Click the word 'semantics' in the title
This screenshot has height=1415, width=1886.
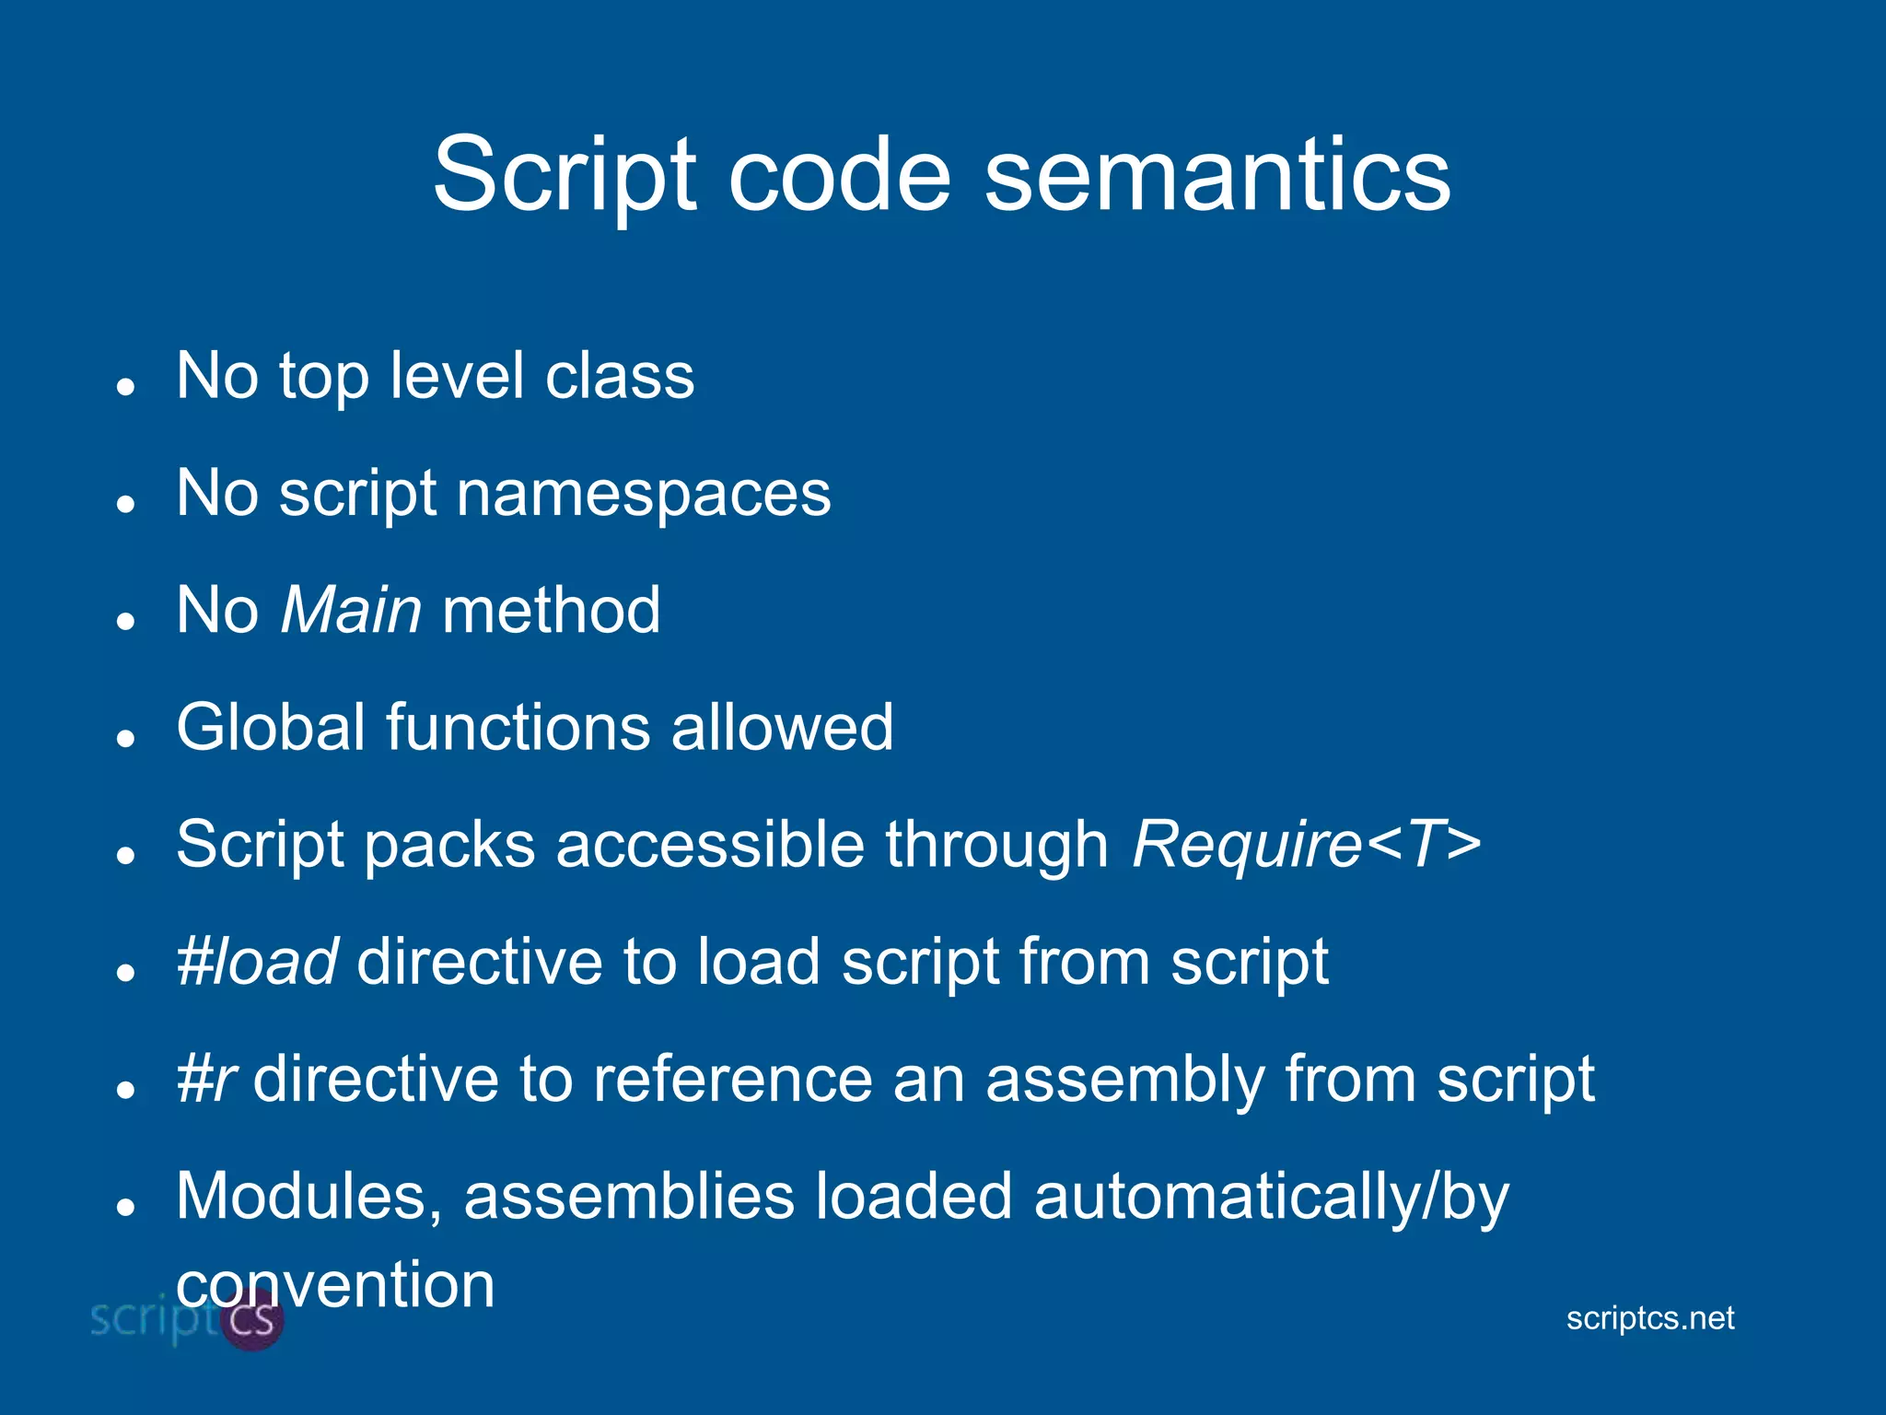point(1217,174)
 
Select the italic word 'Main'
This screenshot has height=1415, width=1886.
point(351,610)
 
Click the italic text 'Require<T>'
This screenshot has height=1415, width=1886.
point(1306,844)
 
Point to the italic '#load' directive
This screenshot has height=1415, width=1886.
point(257,962)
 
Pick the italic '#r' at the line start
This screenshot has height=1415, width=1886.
point(207,1080)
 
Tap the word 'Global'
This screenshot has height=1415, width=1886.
point(270,727)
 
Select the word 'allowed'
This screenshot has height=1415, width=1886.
point(782,727)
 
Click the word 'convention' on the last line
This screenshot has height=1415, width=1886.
point(335,1284)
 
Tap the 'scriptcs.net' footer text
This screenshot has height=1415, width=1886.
point(1649,1318)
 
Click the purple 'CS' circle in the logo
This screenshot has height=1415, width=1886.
point(253,1320)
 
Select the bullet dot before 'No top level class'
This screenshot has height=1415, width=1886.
point(126,386)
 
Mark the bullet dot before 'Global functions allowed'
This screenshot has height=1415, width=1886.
point(126,738)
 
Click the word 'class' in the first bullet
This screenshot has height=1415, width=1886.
point(619,376)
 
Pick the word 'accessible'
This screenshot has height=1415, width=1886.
point(710,844)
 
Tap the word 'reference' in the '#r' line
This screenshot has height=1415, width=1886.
point(732,1080)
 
